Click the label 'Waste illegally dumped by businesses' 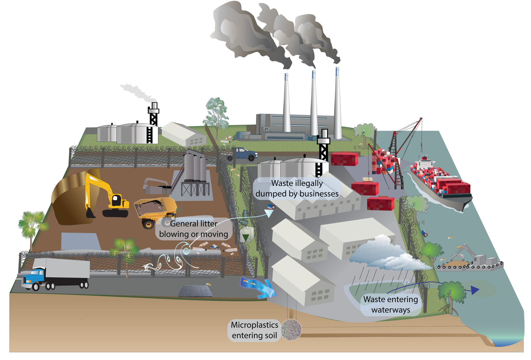297,189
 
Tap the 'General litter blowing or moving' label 194,229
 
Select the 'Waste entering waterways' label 391,305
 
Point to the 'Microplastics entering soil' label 254,330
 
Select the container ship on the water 440,183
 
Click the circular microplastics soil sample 291,330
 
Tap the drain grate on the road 196,291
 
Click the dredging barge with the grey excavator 471,261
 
